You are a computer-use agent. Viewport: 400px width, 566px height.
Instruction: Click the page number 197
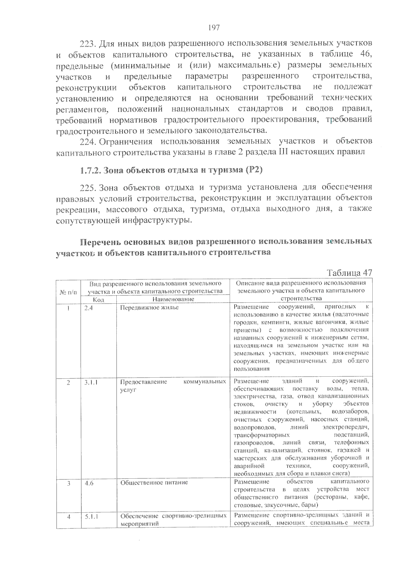click(214, 28)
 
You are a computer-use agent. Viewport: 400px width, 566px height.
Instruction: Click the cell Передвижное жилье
click(149, 307)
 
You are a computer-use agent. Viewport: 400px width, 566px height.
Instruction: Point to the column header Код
click(99, 299)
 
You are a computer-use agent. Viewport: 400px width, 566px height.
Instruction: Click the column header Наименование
click(173, 299)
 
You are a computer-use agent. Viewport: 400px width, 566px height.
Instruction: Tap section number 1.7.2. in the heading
click(90, 170)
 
